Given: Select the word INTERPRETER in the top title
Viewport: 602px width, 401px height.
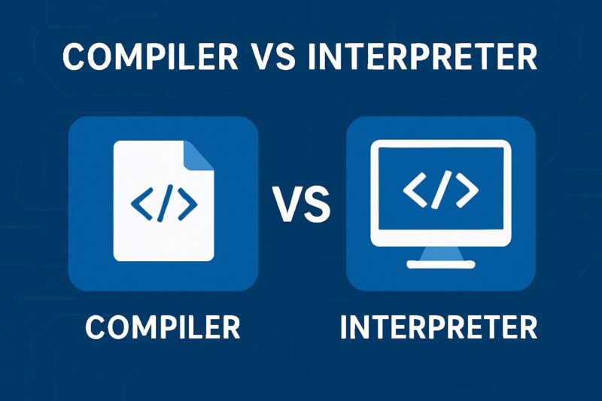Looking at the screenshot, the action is click(x=422, y=56).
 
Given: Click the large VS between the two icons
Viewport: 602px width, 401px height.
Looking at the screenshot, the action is click(x=303, y=204).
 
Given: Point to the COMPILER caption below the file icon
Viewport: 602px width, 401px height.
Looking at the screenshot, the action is click(x=163, y=327).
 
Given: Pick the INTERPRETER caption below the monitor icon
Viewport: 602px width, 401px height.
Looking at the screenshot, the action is click(x=439, y=327).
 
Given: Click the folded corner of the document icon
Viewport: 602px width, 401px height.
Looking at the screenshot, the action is click(x=199, y=156).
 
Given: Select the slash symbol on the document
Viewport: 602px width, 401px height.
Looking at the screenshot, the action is click(x=165, y=203).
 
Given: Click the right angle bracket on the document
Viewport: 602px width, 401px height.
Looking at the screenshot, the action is click(x=187, y=203).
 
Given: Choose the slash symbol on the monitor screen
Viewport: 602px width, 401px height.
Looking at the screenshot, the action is click(x=440, y=190).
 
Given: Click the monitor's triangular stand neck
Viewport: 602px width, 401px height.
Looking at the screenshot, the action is click(x=441, y=254).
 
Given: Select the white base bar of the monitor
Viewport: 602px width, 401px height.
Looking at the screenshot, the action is click(x=441, y=264).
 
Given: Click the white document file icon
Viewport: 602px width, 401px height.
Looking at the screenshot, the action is click(x=163, y=201).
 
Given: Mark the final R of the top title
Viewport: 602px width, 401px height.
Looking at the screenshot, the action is click(x=526, y=56).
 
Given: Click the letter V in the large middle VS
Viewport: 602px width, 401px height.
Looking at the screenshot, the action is click(x=288, y=204).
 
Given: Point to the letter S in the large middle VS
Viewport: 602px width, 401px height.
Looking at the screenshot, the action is click(x=317, y=204).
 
